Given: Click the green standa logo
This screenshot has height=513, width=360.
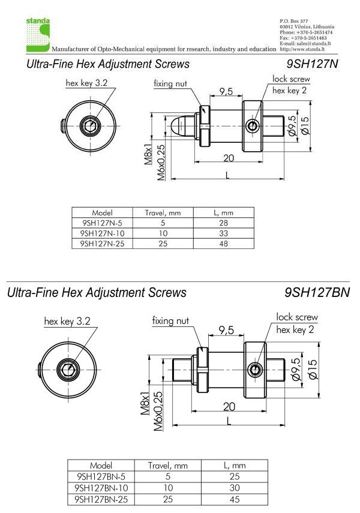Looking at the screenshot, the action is [38, 35].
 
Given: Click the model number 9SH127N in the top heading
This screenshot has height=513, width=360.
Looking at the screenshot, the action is [312, 64].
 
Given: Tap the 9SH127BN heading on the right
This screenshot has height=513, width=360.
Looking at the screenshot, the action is [317, 292].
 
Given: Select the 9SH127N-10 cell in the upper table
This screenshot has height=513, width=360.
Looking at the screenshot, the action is [102, 233].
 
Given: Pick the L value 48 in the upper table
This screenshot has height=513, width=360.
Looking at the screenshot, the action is [224, 244].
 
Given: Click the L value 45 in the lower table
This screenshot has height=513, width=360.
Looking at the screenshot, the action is [235, 500].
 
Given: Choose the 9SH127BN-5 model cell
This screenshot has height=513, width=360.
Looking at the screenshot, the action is [101, 476].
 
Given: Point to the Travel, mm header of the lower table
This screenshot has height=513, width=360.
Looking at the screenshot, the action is [167, 466].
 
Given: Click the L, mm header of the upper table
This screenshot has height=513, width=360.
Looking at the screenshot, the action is [224, 213].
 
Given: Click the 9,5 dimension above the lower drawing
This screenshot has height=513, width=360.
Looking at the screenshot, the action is [226, 331].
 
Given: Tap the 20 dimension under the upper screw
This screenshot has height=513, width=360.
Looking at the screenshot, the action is [229, 158].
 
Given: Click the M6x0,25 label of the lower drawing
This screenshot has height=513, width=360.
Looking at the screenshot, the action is [158, 412].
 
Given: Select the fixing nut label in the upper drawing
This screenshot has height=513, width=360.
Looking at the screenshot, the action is [170, 84].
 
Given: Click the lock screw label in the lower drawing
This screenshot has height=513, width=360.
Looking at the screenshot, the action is [297, 317].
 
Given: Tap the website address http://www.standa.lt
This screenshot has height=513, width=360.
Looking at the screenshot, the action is [302, 49].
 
